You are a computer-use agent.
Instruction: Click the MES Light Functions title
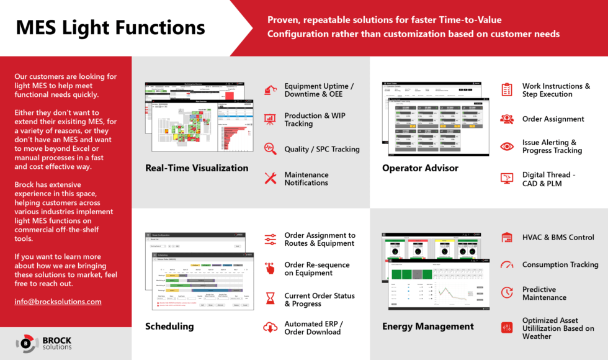click(x=110, y=27)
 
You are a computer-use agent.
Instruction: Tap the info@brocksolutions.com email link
click(x=58, y=302)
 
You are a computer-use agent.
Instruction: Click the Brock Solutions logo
click(x=44, y=343)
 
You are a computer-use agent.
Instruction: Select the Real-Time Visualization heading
click(x=197, y=168)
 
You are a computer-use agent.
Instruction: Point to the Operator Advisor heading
click(x=420, y=168)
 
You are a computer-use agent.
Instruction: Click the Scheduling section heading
click(x=169, y=326)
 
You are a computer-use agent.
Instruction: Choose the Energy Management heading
click(x=427, y=326)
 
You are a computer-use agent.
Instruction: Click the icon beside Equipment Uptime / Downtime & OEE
click(x=270, y=91)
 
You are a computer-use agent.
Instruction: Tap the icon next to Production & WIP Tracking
click(x=270, y=119)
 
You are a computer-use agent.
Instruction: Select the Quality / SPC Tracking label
click(x=321, y=149)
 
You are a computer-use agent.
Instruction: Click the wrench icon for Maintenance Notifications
click(x=270, y=179)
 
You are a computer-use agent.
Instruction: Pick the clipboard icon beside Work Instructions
click(x=507, y=90)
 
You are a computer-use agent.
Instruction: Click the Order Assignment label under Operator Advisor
click(x=553, y=119)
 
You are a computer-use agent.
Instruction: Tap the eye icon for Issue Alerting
click(x=507, y=146)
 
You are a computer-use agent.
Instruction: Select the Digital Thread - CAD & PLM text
click(x=548, y=179)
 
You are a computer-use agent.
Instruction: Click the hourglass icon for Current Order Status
click(x=270, y=299)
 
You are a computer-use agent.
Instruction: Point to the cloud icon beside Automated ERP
click(x=270, y=327)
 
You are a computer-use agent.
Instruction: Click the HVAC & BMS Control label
click(x=558, y=237)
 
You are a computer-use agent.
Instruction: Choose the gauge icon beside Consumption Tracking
click(x=507, y=264)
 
